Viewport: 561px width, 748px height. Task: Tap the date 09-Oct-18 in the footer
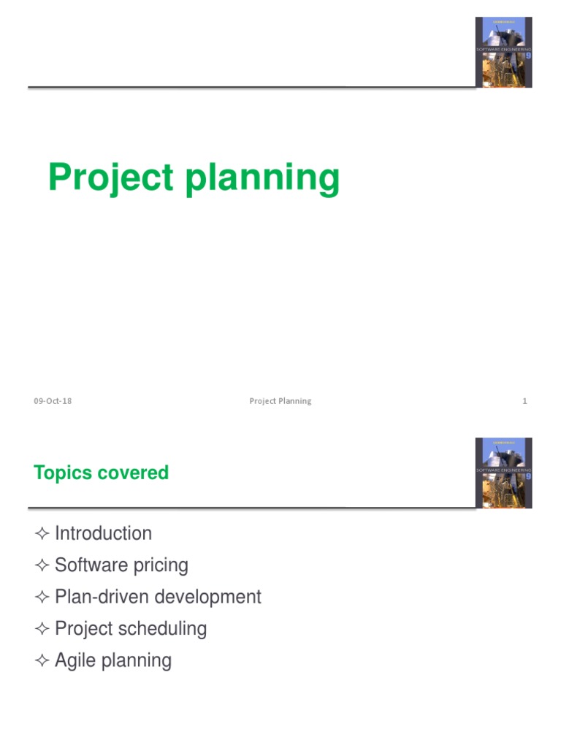tap(53, 401)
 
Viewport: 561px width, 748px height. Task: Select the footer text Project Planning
tap(280, 401)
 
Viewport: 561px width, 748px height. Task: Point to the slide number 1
tap(524, 401)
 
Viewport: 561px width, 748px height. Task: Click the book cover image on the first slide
tap(503, 52)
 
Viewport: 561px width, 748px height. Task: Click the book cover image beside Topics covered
tap(503, 473)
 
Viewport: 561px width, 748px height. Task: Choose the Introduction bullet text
tap(103, 533)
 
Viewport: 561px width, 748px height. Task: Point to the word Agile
tap(75, 661)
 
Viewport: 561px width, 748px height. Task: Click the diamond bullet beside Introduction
tap(41, 534)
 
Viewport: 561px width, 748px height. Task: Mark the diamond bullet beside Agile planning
tap(41, 661)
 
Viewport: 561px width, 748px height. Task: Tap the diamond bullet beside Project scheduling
tap(41, 629)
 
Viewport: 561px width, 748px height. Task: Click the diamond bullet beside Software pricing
tap(41, 565)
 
